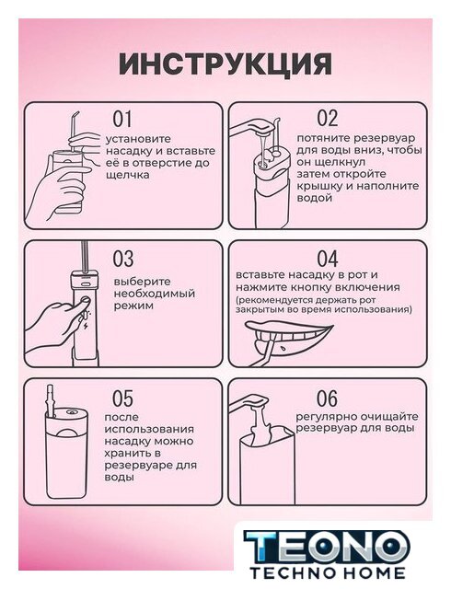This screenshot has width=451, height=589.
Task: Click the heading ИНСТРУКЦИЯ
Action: point(225,64)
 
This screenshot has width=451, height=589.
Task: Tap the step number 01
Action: point(122,119)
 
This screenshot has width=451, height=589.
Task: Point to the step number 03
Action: point(123,259)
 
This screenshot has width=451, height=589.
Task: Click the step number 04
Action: point(328,259)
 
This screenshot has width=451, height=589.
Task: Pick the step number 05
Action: point(123,398)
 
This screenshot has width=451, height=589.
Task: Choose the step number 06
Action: point(327,398)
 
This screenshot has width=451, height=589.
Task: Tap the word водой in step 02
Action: point(315,198)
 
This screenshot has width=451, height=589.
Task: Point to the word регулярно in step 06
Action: point(327,417)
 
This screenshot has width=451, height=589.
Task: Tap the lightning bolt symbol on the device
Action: point(86,325)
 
